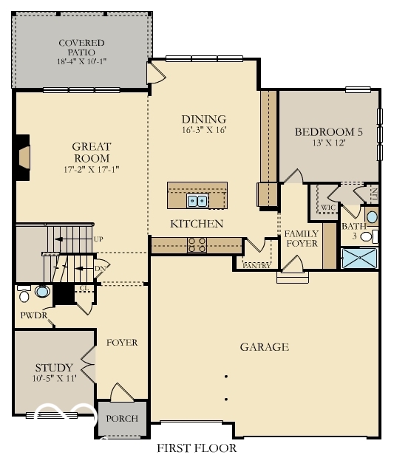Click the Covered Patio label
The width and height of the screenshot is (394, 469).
[81, 43]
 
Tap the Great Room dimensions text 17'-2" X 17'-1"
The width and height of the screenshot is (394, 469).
[92, 169]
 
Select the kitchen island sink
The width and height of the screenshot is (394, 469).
[197, 199]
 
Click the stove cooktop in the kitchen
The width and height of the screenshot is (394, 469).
[197, 244]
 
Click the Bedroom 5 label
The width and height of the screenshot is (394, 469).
[329, 132]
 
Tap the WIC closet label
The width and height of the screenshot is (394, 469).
[327, 208]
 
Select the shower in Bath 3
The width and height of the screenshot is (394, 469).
[360, 258]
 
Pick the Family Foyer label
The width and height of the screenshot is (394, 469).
[302, 239]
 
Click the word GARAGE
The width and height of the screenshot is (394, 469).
[264, 347]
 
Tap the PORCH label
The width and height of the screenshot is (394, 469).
[122, 419]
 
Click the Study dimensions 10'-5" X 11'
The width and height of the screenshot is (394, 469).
[54, 379]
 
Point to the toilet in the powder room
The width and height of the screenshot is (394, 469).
[24, 295]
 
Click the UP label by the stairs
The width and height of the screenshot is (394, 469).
[99, 239]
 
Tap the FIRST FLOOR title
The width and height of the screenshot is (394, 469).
[197, 448]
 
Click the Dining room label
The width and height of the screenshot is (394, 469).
[203, 119]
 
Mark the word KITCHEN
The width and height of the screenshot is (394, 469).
[197, 223]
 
